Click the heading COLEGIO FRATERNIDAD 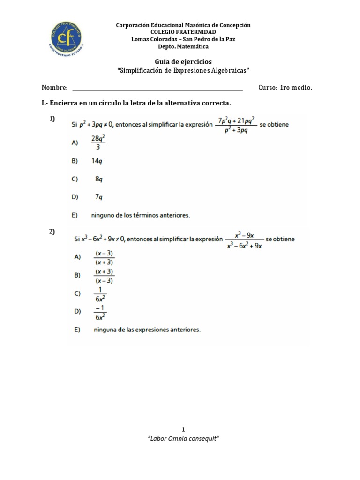coord(183,32)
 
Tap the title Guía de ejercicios coord(183,62)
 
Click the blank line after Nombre coord(157,88)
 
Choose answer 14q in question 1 coord(97,161)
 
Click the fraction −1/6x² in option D coord(100,312)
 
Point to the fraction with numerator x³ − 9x coord(244,240)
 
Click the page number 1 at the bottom coord(183,429)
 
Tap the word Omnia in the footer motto coord(180,439)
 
